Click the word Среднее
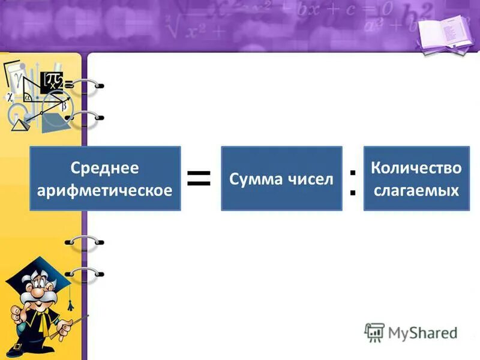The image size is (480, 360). coord(105,168)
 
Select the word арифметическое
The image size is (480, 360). coord(105,190)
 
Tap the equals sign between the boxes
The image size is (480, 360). coord(199,178)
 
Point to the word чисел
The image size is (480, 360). coord(310,179)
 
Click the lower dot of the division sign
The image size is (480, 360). coord(352,193)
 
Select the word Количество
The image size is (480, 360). coord(416,167)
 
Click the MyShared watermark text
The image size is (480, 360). coord(421,332)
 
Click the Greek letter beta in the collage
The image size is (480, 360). coord(64,107)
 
